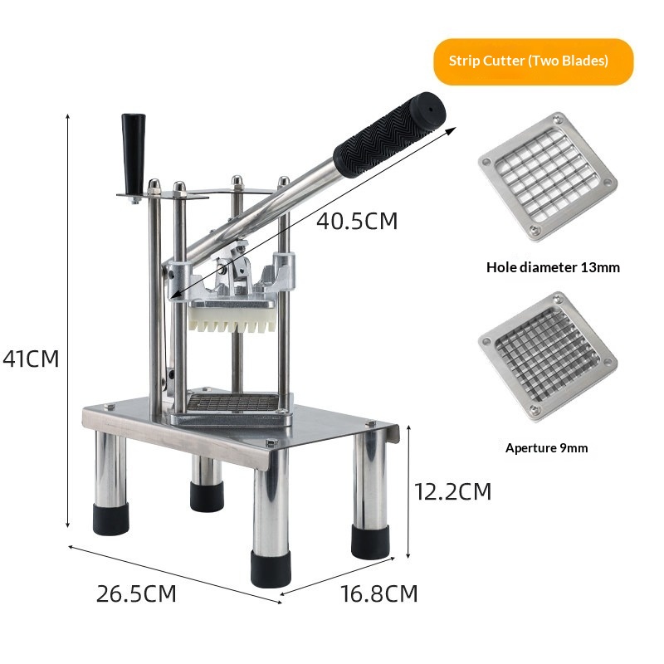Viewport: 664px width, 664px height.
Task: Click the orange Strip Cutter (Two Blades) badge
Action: (533, 61)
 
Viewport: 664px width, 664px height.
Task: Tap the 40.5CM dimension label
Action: (357, 221)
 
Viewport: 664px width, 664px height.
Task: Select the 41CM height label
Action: (31, 359)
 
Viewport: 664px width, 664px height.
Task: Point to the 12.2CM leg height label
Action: (452, 491)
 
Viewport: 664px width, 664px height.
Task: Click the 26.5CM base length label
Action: (136, 593)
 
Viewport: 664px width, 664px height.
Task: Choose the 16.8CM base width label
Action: (379, 593)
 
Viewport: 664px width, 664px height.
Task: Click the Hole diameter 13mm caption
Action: (553, 267)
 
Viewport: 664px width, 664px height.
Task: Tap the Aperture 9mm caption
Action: (546, 448)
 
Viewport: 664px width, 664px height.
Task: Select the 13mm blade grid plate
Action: (548, 177)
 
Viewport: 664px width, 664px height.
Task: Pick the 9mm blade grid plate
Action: (548, 357)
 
